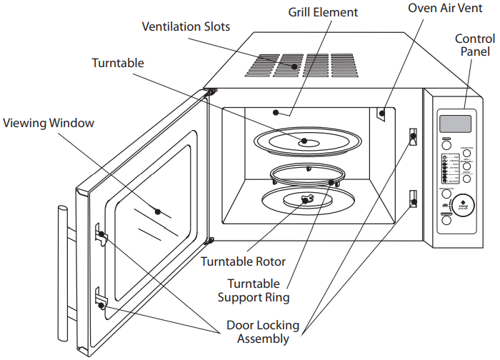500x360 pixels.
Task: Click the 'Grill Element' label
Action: pos(323,12)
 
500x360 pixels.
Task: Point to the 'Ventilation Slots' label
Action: pos(186,26)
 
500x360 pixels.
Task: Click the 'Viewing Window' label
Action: pos(49,123)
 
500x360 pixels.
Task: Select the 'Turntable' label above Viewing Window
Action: pos(118,63)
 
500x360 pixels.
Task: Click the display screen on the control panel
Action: pos(456,124)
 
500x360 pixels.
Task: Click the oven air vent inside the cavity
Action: pos(382,112)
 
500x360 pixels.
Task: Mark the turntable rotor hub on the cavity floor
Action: pos(307,200)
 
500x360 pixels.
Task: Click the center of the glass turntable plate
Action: pos(305,141)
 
